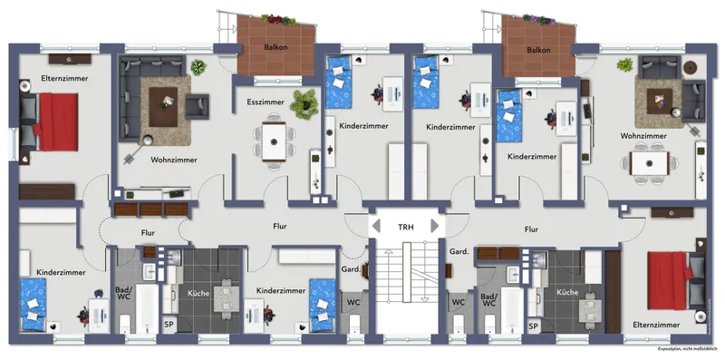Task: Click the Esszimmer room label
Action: point(266,102)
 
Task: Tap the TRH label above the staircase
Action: point(406,227)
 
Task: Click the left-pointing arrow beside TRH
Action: point(376,227)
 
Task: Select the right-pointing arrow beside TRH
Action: point(435,227)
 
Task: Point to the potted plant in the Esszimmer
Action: point(304,104)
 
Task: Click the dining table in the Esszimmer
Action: point(274,141)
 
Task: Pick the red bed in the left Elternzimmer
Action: point(58,122)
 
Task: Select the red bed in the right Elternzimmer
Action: point(668,280)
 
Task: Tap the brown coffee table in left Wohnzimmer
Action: point(163,107)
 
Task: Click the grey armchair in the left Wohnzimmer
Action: point(198,106)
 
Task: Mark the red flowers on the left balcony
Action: point(278,19)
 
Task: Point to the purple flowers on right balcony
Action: point(538,19)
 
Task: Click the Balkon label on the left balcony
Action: point(276,47)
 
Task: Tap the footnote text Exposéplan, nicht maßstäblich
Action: point(690,348)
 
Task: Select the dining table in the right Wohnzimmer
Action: point(650,163)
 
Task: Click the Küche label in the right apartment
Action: point(567,292)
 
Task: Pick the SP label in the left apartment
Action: point(169,325)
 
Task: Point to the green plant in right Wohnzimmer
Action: point(624,64)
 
